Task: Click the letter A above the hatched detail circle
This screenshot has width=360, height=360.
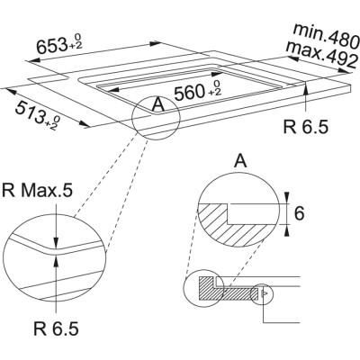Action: click(x=239, y=163)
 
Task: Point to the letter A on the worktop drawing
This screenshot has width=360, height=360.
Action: click(x=158, y=105)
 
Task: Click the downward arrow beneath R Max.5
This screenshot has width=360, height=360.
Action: click(x=56, y=229)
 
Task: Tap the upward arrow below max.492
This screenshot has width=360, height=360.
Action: click(x=307, y=94)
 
